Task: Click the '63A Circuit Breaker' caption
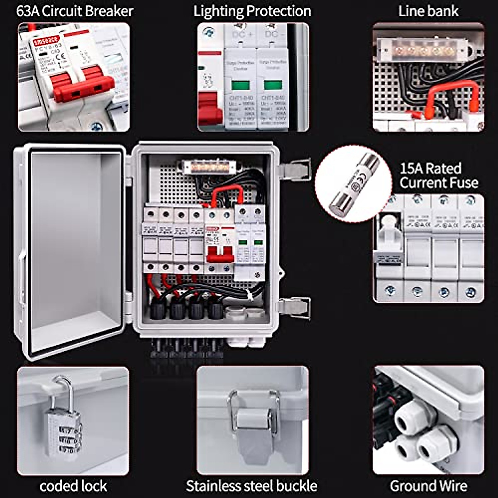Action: [x=75, y=11]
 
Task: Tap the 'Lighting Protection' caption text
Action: [x=252, y=11]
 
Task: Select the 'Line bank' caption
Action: [x=428, y=11]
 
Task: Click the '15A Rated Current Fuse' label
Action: [x=439, y=176]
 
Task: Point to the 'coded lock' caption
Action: [x=73, y=486]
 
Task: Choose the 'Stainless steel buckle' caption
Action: [x=251, y=486]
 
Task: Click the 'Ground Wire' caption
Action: [x=428, y=486]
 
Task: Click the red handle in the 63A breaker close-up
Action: [x=83, y=85]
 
